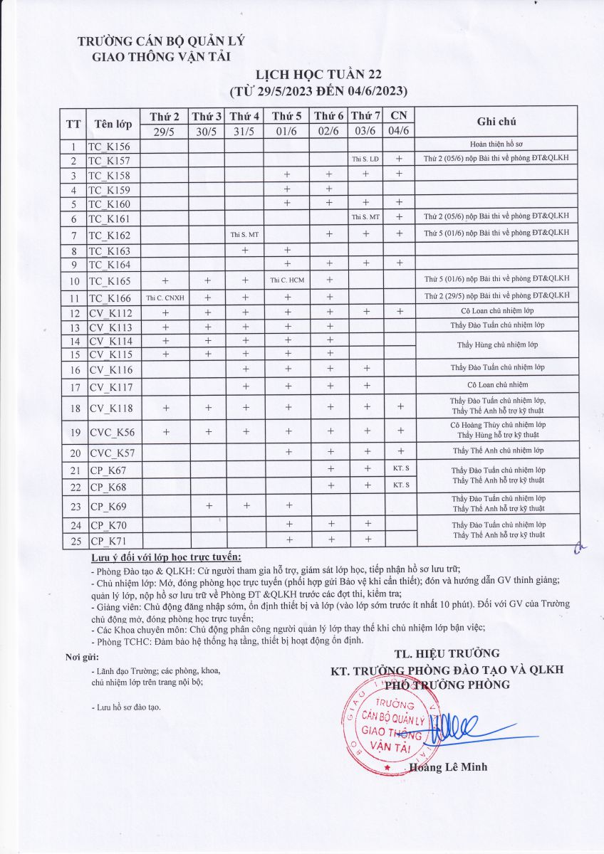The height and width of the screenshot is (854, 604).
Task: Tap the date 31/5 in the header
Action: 244,131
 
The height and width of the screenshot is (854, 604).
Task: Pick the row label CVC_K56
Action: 112,432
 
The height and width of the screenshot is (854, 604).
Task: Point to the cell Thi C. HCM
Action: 287,280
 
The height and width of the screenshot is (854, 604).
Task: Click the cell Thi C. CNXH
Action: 165,297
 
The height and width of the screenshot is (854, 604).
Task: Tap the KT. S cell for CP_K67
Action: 400,468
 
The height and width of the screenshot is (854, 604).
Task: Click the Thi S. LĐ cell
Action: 366,159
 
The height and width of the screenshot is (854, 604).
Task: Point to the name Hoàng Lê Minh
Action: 449,767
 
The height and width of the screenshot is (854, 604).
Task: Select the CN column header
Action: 400,115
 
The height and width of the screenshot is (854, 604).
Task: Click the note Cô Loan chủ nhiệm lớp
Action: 496,311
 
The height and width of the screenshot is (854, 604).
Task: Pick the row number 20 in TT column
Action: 73,452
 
